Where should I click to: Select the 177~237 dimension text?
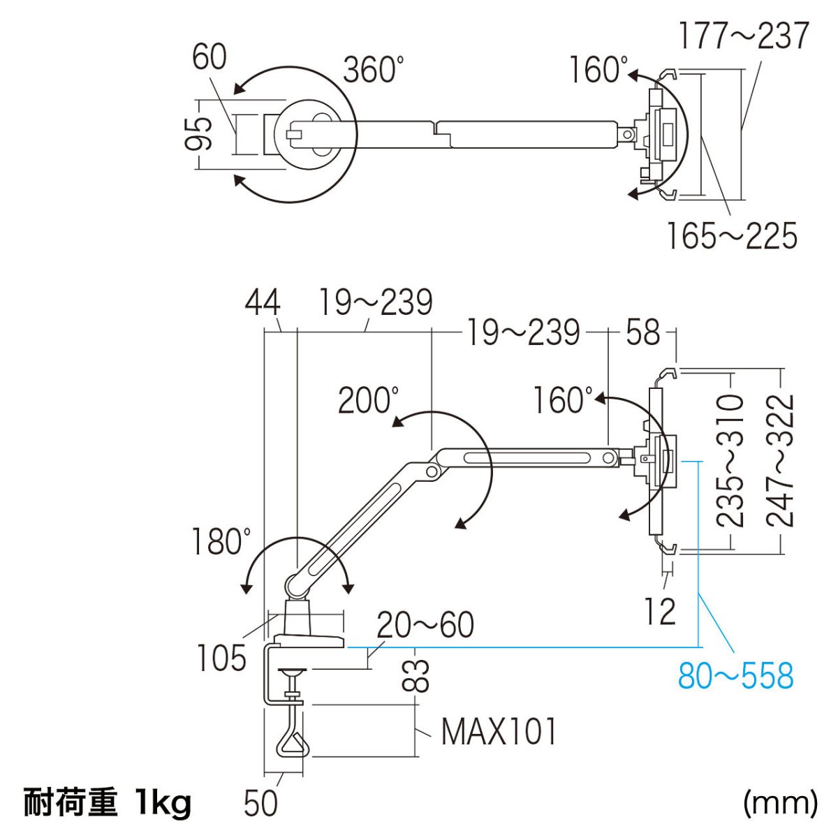[x=744, y=36]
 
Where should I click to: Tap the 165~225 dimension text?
[x=730, y=236]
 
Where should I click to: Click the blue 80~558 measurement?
[x=735, y=675]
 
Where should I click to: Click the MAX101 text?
[x=500, y=732]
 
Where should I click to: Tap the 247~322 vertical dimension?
[x=781, y=460]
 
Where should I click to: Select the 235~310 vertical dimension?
[x=731, y=460]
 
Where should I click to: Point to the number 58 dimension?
[x=642, y=332]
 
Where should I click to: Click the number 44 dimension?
[x=263, y=303]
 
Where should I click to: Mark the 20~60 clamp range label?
[x=425, y=625]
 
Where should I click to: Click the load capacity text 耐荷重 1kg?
[x=108, y=803]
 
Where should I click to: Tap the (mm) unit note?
[x=779, y=803]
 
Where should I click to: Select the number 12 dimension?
[x=660, y=612]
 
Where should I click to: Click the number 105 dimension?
[x=222, y=658]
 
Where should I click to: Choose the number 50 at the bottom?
[x=261, y=803]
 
